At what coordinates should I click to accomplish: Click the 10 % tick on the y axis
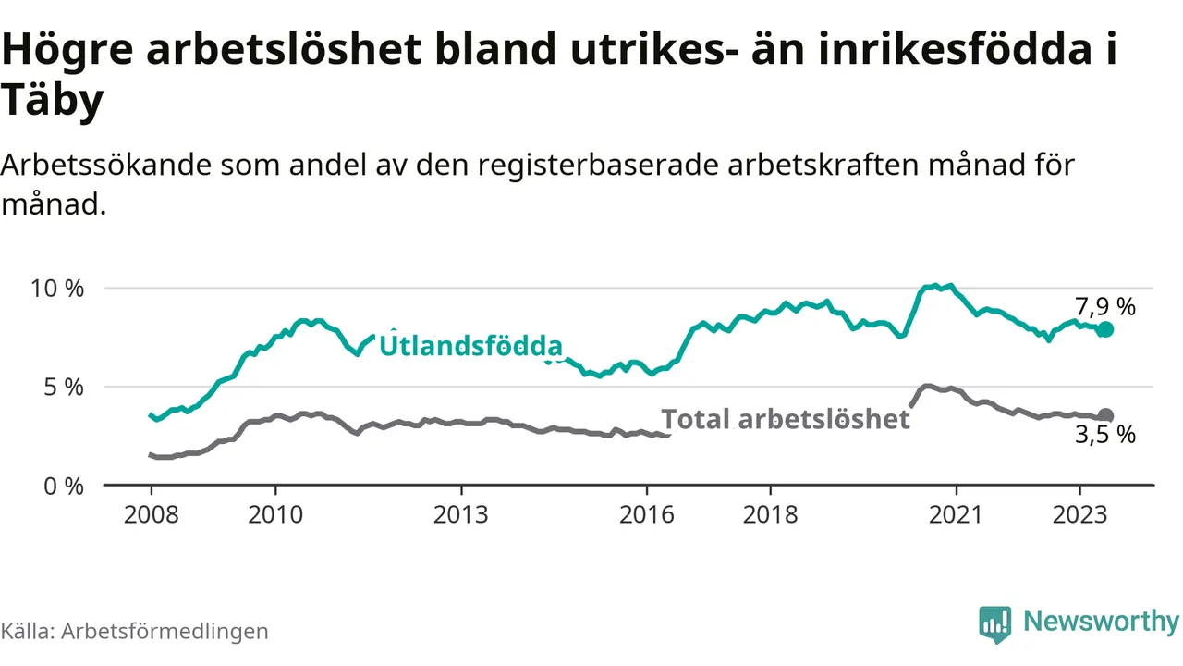[58, 288]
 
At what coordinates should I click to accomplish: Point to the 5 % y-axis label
[64, 387]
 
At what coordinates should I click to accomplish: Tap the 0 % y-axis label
[64, 486]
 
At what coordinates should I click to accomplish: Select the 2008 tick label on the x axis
[151, 513]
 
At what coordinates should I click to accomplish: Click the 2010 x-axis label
[274, 513]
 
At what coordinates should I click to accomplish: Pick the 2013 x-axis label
[460, 513]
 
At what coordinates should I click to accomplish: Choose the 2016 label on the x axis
[646, 513]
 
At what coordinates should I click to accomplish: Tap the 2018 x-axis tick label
[770, 513]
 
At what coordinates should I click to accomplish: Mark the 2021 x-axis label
[956, 513]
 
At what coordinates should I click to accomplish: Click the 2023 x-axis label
[1079, 513]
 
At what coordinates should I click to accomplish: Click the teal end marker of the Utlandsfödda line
[1105, 329]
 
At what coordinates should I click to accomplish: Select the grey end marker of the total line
[1105, 416]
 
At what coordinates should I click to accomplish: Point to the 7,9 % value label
[1104, 306]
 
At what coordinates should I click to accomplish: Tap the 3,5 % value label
[1104, 436]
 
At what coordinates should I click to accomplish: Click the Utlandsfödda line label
[471, 347]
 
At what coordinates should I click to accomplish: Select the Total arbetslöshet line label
[786, 419]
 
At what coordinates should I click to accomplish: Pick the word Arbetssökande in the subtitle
[108, 166]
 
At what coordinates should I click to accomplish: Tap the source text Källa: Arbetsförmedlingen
[135, 631]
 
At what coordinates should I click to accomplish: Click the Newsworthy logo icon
[994, 624]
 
